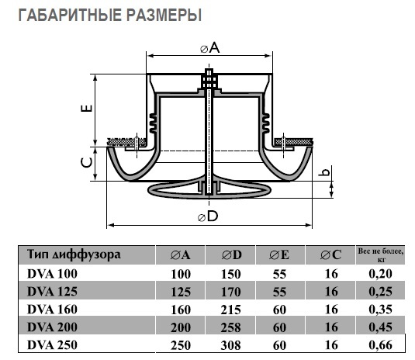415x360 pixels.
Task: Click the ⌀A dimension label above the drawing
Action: coord(210,48)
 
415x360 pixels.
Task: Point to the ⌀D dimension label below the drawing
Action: coord(208,216)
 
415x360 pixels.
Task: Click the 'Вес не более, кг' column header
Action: coord(378,254)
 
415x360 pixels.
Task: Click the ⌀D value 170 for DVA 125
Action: coord(230,291)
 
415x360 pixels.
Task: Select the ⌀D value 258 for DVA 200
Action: coord(230,325)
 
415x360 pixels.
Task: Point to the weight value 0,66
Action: coord(378,342)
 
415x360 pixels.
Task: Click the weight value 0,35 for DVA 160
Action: coord(378,308)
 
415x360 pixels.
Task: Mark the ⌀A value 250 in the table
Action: coord(181,342)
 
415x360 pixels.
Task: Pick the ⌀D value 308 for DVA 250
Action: coord(230,342)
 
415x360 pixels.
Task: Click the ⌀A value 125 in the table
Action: coord(181,291)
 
